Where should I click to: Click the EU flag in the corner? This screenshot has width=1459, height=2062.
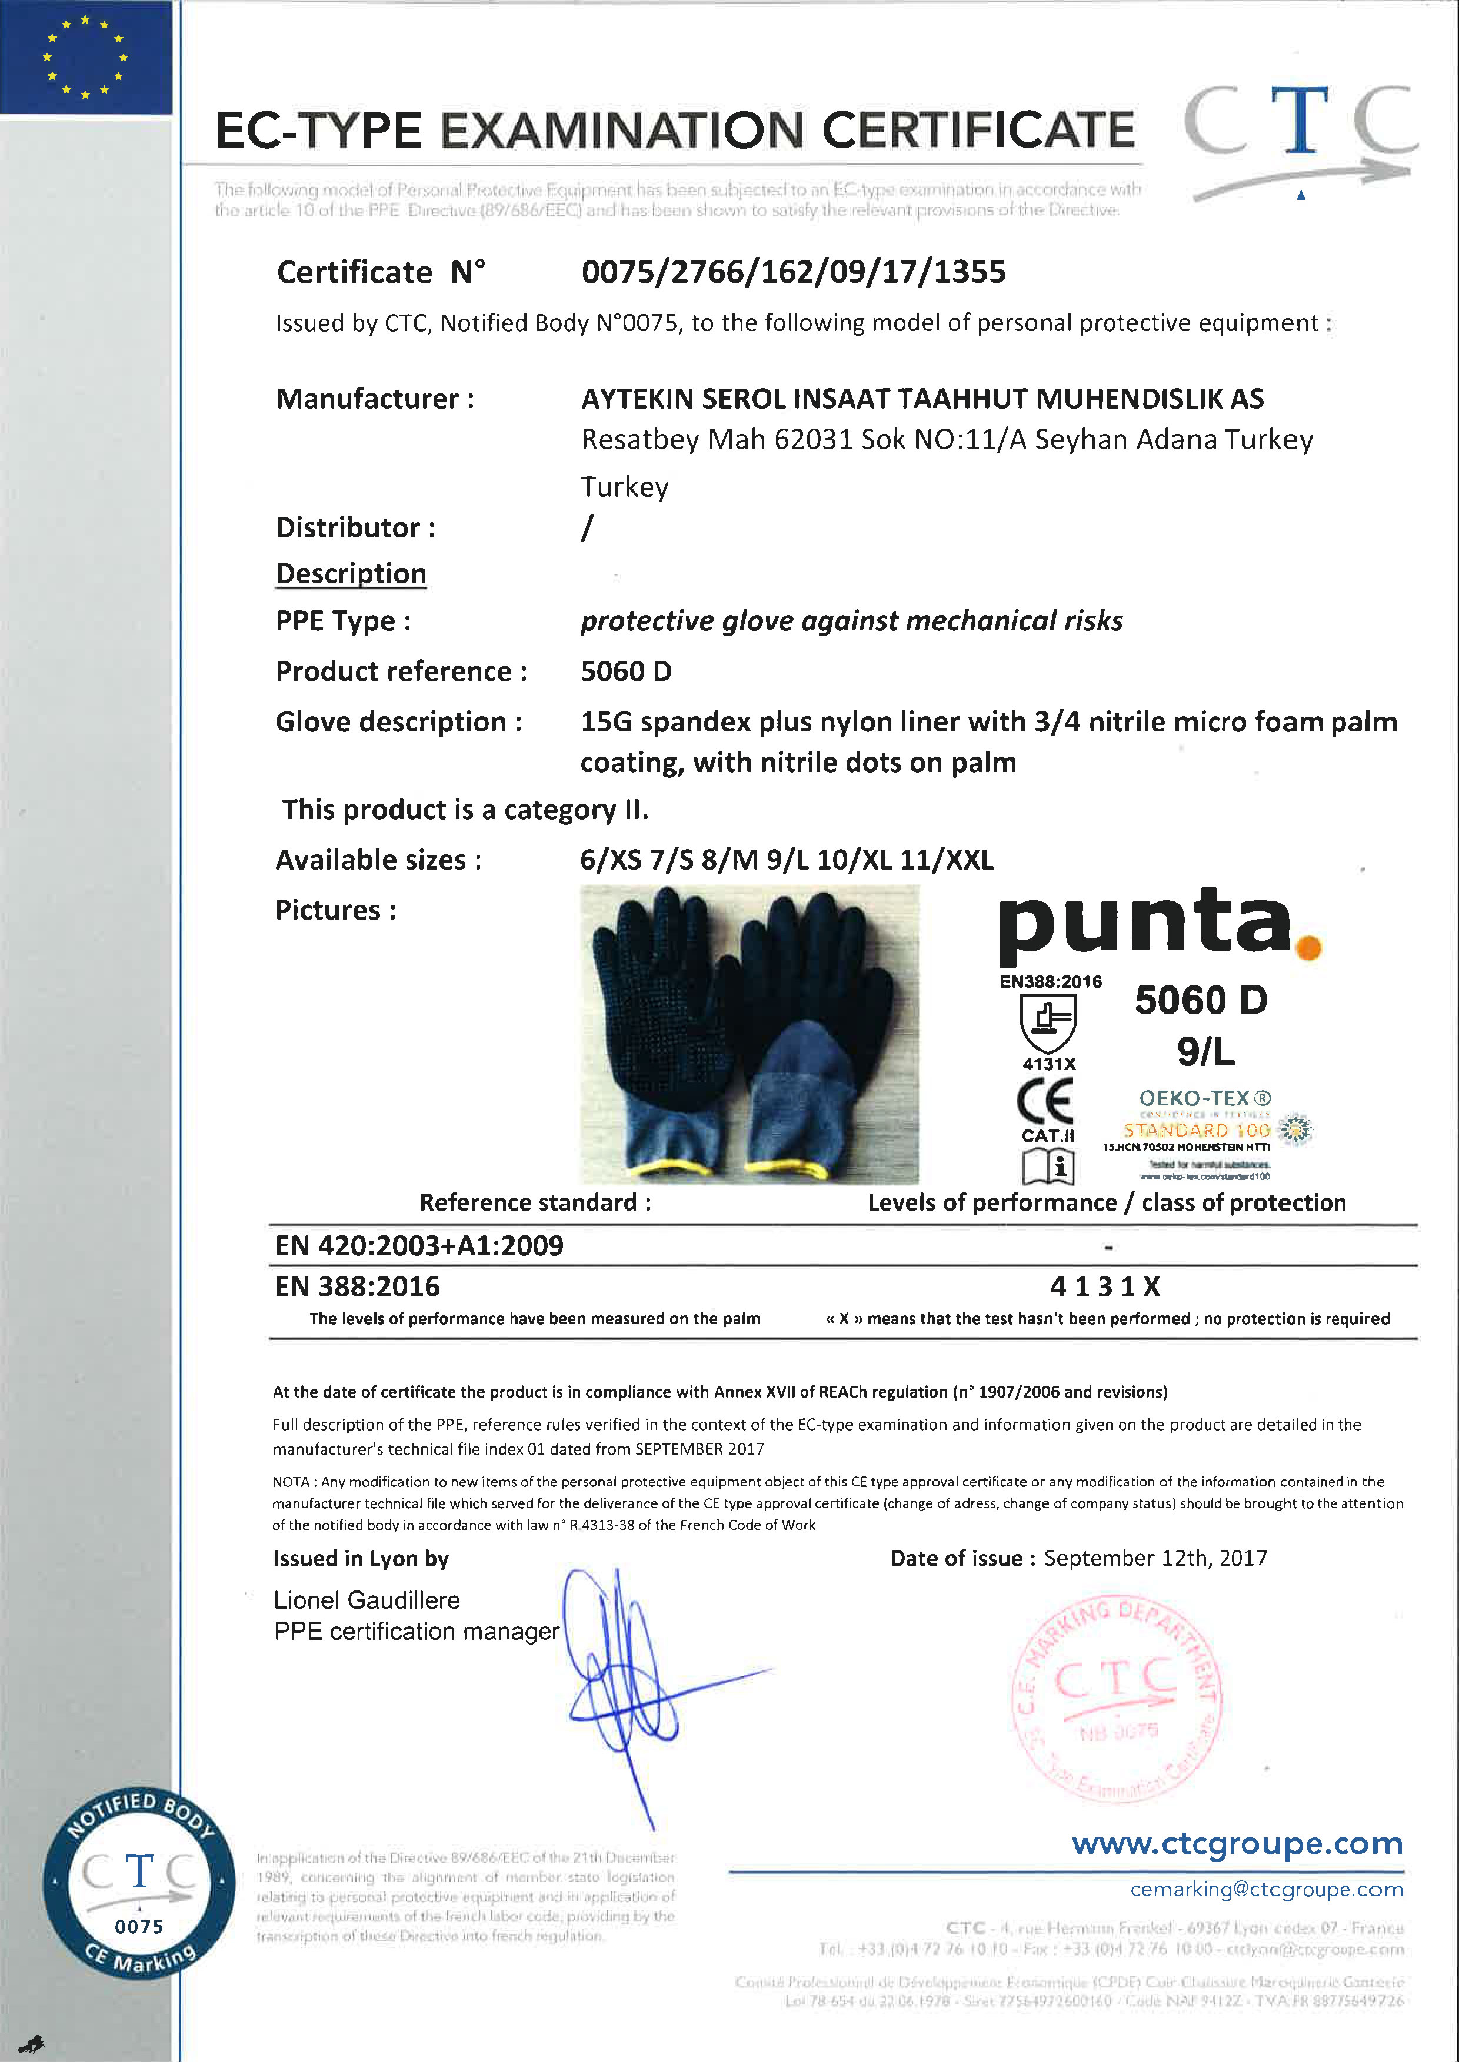[85, 56]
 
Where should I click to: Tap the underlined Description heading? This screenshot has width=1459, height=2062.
[351, 573]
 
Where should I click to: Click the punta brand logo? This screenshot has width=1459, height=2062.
[1145, 924]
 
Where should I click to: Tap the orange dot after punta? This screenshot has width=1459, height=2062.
[1309, 947]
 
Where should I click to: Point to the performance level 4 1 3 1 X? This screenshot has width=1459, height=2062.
[1105, 1287]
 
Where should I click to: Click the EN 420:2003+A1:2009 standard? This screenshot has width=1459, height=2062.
[419, 1246]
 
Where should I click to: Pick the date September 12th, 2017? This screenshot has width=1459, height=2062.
[1155, 1558]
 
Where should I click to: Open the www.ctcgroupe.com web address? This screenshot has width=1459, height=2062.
[1237, 1844]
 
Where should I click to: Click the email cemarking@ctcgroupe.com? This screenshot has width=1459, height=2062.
[1266, 1890]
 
